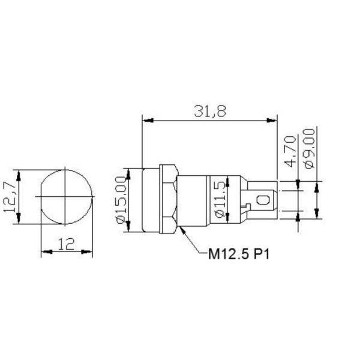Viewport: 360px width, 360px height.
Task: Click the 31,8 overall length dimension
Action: [x=210, y=111]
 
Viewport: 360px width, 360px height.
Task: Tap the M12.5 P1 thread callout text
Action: [x=239, y=254]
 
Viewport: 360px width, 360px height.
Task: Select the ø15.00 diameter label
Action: [x=121, y=200]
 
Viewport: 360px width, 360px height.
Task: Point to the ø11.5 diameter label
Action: [x=220, y=199]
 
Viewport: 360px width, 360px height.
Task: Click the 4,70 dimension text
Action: [x=290, y=152]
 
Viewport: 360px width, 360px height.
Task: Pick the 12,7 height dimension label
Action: [x=10, y=197]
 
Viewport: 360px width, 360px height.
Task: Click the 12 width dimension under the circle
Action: [x=66, y=244]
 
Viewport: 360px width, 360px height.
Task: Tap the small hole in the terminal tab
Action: [x=262, y=200]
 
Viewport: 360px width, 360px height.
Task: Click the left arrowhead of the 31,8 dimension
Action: [x=148, y=121]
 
